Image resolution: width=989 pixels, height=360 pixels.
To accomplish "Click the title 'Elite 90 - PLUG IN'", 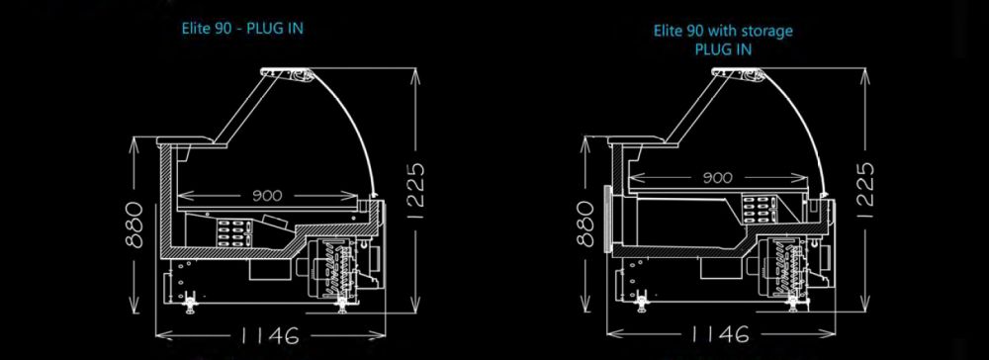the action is pyautogui.click(x=242, y=29).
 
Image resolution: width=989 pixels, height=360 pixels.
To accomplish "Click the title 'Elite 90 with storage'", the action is pyautogui.click(x=723, y=31).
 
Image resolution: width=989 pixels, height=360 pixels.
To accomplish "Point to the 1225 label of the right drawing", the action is pyautogui.click(x=865, y=191).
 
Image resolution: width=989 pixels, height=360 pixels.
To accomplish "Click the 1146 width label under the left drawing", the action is pyautogui.click(x=268, y=335).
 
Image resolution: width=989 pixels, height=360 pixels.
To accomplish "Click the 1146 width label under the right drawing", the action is pyautogui.click(x=720, y=335).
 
